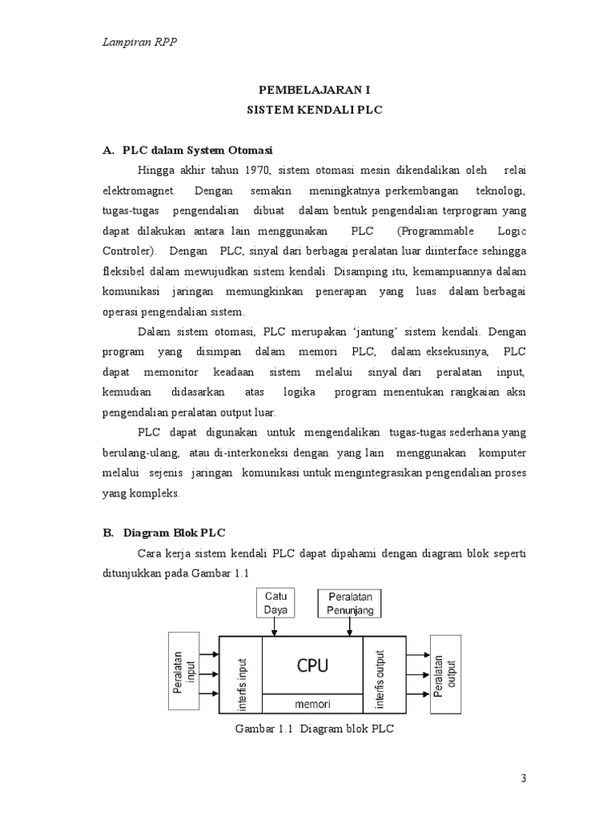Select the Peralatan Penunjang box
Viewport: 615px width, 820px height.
pyautogui.click(x=350, y=603)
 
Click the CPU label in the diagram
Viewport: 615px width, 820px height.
pyautogui.click(x=313, y=665)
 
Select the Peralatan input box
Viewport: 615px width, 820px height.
pyautogui.click(x=185, y=671)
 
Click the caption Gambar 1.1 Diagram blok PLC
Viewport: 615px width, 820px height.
pyautogui.click(x=316, y=729)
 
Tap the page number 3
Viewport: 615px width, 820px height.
pyautogui.click(x=524, y=779)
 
